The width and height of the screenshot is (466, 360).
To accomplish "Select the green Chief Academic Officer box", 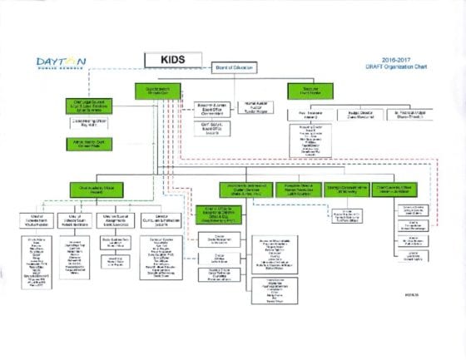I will pyautogui.click(x=97, y=190).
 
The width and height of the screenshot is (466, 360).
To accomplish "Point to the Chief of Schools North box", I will pyautogui.click(x=35, y=219).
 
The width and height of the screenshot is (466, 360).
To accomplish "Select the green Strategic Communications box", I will pyautogui.click(x=345, y=190).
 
